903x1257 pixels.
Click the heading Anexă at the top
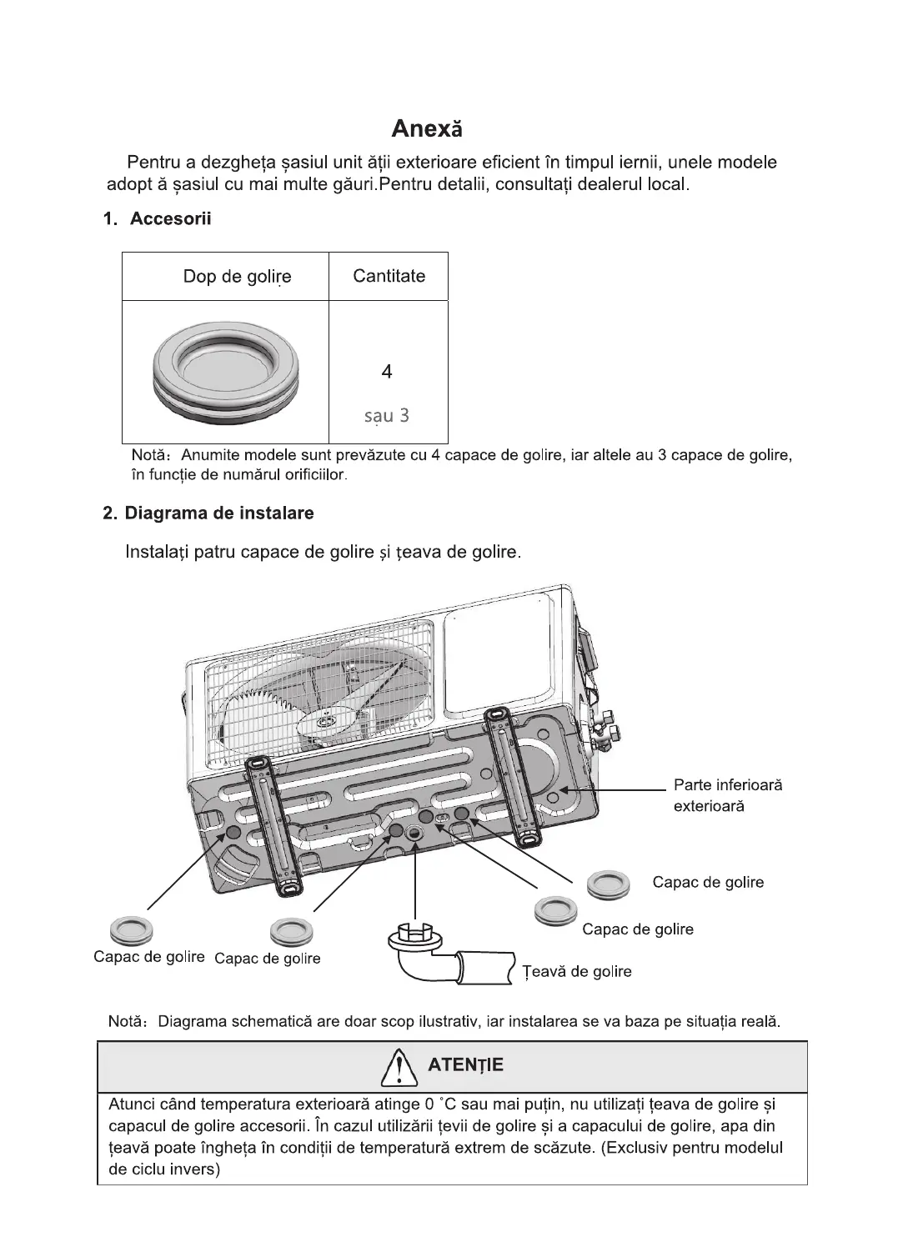coord(427,129)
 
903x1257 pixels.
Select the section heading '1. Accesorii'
coord(157,219)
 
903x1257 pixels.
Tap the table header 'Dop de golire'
coord(237,277)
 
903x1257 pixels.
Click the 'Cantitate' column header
coord(389,276)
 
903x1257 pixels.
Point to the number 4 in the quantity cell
coord(387,372)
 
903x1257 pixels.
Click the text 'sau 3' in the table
coord(387,415)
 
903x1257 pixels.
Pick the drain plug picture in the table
coord(225,370)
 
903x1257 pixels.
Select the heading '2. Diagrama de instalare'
coord(208,513)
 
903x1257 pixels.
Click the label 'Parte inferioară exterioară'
coord(727,795)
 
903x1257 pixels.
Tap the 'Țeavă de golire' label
coord(577,971)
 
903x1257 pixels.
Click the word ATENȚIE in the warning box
coord(465,1065)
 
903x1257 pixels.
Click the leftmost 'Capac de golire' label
coord(149,956)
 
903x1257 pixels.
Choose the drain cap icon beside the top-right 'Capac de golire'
coord(608,884)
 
